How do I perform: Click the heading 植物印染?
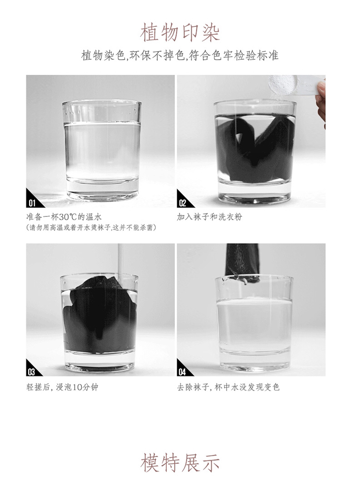coord(180,32)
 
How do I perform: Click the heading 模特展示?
coord(180,463)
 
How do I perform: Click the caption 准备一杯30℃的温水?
coord(64,216)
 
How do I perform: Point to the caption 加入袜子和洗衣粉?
coord(210,216)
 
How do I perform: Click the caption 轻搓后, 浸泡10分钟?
coord(62,387)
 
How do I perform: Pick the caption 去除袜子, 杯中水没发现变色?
coord(228,387)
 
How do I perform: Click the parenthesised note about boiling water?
coord(91,227)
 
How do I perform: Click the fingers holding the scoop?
coord(321,100)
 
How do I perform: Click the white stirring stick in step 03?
coord(121,263)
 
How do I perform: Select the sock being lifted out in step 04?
coord(242,263)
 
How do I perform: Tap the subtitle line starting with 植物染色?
coord(180,55)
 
